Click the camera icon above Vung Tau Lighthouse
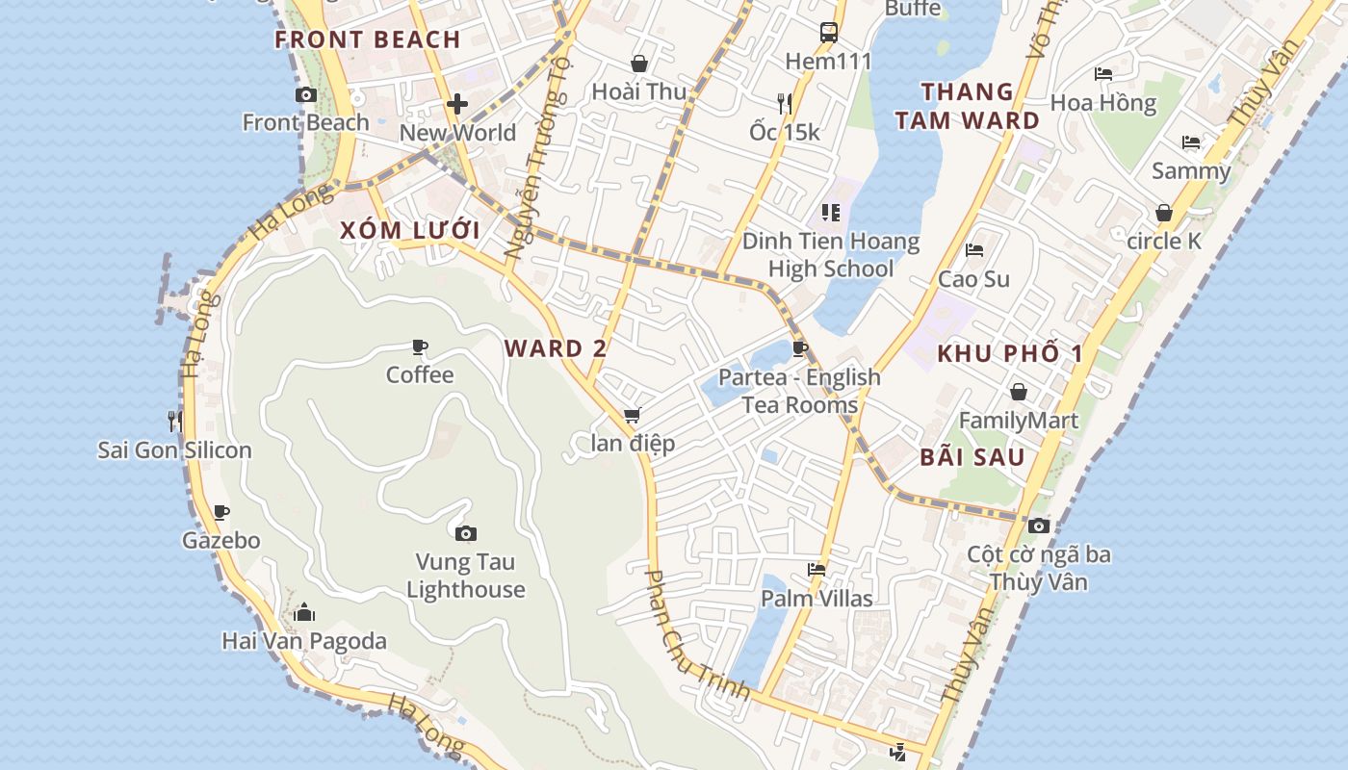[466, 533]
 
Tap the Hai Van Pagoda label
[304, 641]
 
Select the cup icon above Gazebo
[221, 512]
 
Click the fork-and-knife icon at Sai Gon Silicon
[174, 421]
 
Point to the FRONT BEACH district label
[368, 39]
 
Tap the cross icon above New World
[457, 104]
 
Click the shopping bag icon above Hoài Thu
[638, 64]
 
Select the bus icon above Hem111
[828, 33]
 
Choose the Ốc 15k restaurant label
[785, 132]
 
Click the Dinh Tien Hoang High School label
[831, 255]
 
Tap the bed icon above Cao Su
[974, 250]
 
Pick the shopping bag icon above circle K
[1164, 213]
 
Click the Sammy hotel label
[1191, 171]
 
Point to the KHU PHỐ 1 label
[1010, 353]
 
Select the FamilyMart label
[1019, 421]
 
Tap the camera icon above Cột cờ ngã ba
[1038, 526]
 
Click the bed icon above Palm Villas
[817, 570]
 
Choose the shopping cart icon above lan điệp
[632, 416]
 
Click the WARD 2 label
[556, 348]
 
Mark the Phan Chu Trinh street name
[695, 636]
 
